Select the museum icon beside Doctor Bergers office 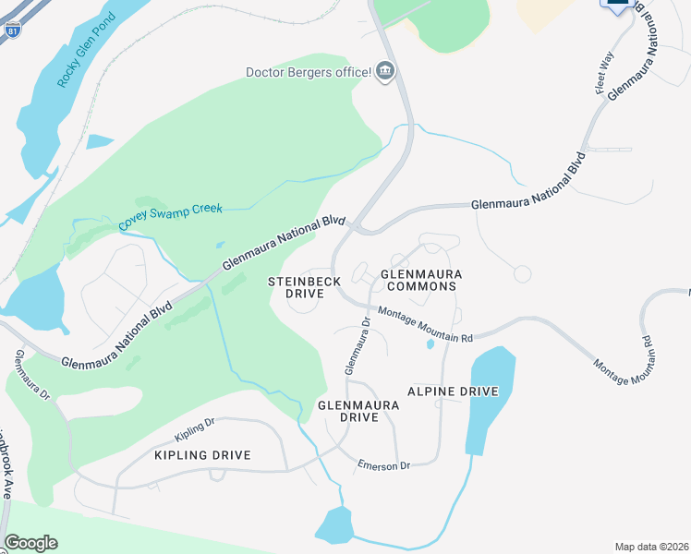(x=386, y=71)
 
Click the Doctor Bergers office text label (x=308, y=72)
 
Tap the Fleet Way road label (x=605, y=73)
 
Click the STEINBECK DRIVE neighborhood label (x=304, y=287)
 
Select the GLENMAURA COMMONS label (x=420, y=280)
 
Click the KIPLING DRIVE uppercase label (x=202, y=456)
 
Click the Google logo (x=30, y=543)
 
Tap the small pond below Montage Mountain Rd (x=430, y=345)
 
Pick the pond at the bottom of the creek (x=334, y=525)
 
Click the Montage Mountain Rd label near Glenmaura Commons (x=425, y=325)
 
